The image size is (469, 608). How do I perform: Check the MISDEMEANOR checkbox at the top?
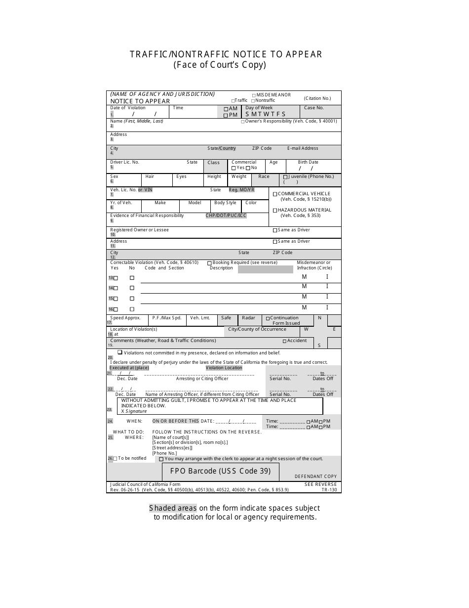(x=254, y=95)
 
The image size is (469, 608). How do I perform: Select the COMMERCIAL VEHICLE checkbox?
(x=275, y=194)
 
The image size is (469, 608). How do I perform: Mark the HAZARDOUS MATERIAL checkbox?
(x=275, y=211)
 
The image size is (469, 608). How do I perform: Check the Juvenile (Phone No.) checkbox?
(x=285, y=177)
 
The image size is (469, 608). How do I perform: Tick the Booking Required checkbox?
(x=209, y=263)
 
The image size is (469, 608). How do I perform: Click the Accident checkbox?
(x=284, y=341)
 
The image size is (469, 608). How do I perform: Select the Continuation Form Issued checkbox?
(x=268, y=318)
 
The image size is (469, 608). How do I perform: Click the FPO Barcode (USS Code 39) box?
(x=220, y=471)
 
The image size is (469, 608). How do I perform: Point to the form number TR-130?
(x=329, y=490)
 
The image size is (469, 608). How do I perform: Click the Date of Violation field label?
(x=128, y=108)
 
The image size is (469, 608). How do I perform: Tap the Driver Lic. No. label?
(x=124, y=162)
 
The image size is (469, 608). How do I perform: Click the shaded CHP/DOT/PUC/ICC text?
(x=226, y=216)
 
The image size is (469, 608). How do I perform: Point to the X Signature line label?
(x=134, y=411)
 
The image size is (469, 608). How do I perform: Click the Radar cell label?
(x=249, y=318)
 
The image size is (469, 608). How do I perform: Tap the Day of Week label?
(x=259, y=108)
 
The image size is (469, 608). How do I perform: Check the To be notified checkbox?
(x=115, y=459)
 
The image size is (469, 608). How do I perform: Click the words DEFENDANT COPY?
(x=315, y=477)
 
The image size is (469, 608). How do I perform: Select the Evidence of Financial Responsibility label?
(x=147, y=216)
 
